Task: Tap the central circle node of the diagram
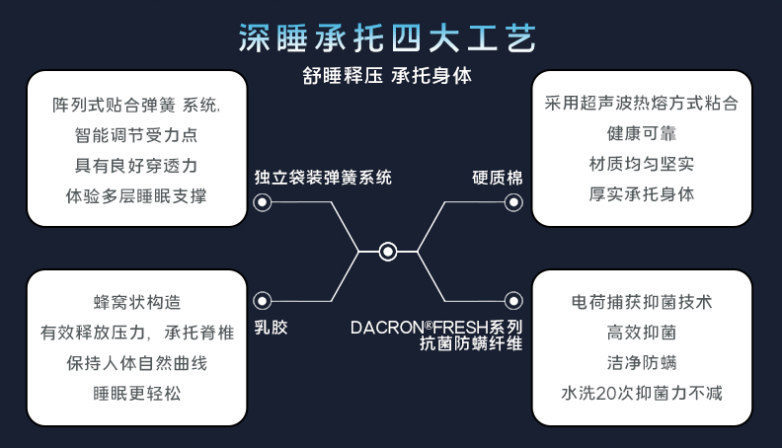pos(388,252)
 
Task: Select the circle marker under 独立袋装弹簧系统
pos(263,202)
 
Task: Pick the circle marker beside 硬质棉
pos(512,202)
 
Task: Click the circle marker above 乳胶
pos(263,301)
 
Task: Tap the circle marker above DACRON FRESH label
pos(512,301)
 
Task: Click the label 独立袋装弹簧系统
pos(322,178)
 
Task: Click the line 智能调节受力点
pos(136,134)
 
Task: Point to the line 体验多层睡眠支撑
pos(136,195)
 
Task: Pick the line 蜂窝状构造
pos(137,302)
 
